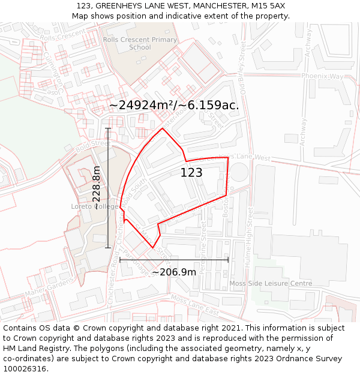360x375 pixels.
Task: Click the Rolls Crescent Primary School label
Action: coord(140,43)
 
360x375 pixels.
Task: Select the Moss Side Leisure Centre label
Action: coord(271,283)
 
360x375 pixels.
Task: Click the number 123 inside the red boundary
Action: coord(191,173)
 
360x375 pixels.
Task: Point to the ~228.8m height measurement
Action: coord(97,188)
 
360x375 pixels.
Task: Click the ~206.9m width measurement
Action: coord(174,272)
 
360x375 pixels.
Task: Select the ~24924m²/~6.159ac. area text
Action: coord(174,105)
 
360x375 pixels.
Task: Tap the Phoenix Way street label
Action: coord(322,77)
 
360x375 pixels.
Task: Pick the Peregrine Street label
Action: coord(203,247)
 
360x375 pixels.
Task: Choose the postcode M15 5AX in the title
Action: coord(268,6)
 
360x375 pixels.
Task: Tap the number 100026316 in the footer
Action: coord(25,368)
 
